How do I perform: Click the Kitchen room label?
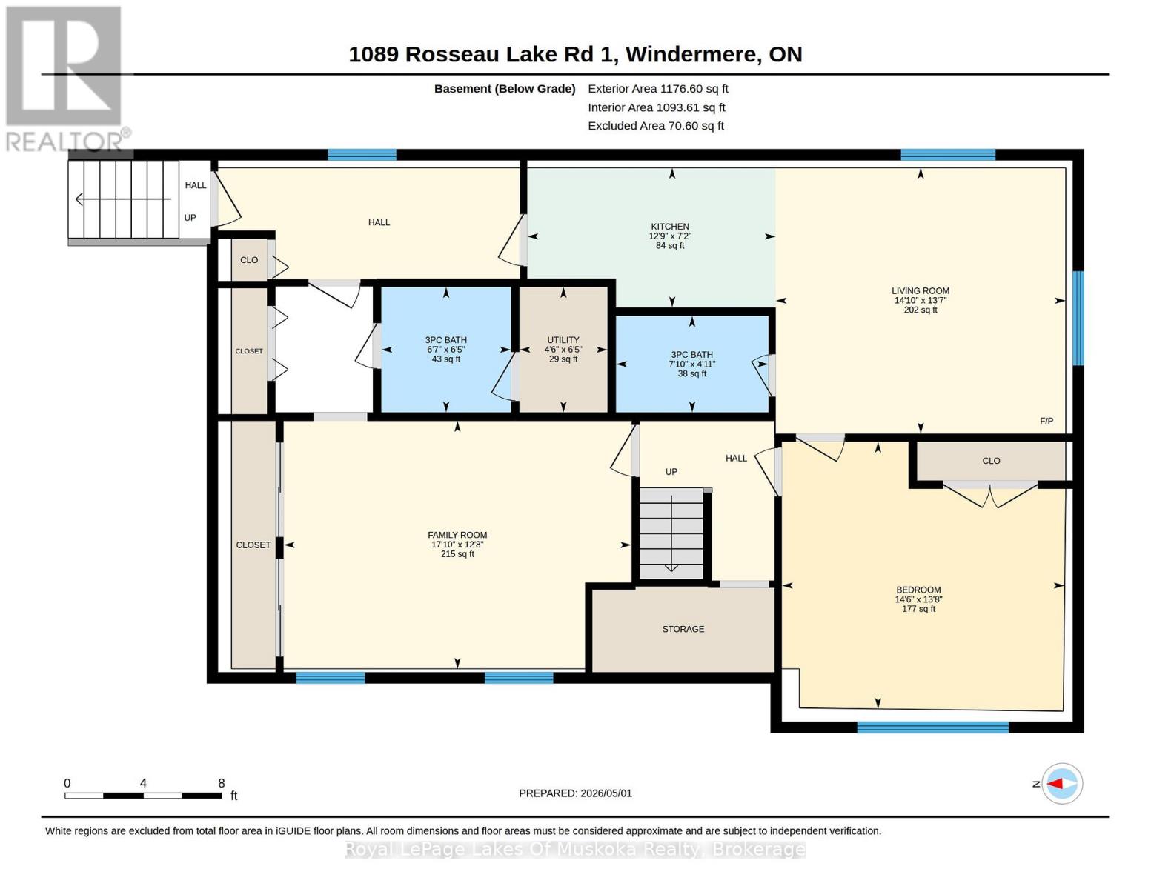pyautogui.click(x=670, y=227)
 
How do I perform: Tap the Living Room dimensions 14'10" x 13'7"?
pyautogui.click(x=921, y=300)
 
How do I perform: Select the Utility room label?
pyautogui.click(x=563, y=340)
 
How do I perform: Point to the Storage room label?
pyautogui.click(x=683, y=629)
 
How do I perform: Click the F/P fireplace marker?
pyautogui.click(x=1046, y=421)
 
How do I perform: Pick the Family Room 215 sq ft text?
pyautogui.click(x=457, y=554)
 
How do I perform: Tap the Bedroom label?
pyautogui.click(x=918, y=590)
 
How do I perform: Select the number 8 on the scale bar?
pyautogui.click(x=222, y=783)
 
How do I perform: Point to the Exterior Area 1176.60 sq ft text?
pyautogui.click(x=658, y=89)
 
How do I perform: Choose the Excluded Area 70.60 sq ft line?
pyautogui.click(x=656, y=126)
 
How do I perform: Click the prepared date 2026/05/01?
pyautogui.click(x=606, y=793)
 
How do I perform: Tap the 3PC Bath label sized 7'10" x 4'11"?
pyautogui.click(x=691, y=355)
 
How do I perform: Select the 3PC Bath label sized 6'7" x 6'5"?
pyautogui.click(x=446, y=340)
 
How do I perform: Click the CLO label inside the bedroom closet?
pyautogui.click(x=991, y=462)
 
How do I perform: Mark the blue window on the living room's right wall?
pyautogui.click(x=1078, y=318)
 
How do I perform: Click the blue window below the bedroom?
pyautogui.click(x=933, y=727)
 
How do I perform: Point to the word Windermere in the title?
pyautogui.click(x=691, y=55)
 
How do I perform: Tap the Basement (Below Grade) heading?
pyautogui.click(x=505, y=89)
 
